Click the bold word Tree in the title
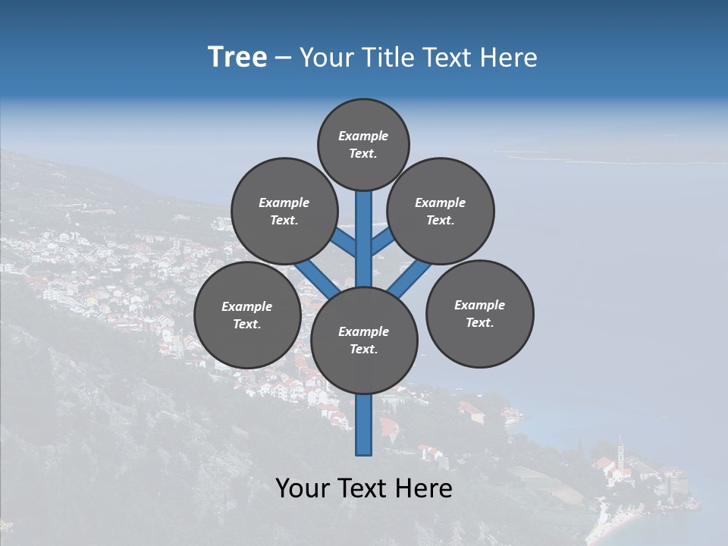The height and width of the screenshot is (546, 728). [x=237, y=57]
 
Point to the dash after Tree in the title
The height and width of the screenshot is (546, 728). [x=283, y=58]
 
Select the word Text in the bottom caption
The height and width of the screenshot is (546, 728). [x=365, y=488]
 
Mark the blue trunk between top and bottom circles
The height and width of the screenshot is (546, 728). [x=364, y=239]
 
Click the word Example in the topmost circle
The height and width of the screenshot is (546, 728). [x=363, y=136]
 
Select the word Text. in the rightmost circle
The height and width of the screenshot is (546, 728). [x=479, y=322]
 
